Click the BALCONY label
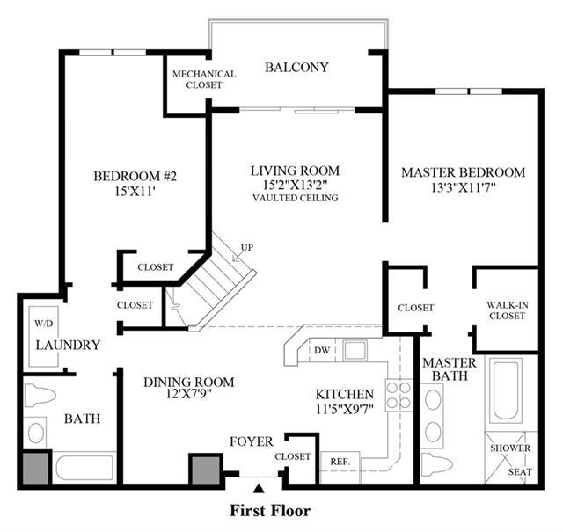(x=296, y=68)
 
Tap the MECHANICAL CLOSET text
(x=204, y=79)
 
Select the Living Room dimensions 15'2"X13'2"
(x=296, y=185)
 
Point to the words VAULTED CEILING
(x=296, y=198)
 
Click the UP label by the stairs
(x=247, y=247)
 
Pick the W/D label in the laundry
(x=44, y=324)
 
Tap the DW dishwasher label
(x=322, y=350)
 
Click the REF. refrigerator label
(x=340, y=462)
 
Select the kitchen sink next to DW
(x=355, y=350)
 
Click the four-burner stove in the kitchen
(x=398, y=395)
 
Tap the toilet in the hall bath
(x=40, y=396)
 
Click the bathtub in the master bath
(x=506, y=393)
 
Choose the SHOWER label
(x=510, y=448)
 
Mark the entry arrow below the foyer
(x=258, y=489)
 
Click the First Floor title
(x=270, y=511)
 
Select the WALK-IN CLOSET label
(x=508, y=310)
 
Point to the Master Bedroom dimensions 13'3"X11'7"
(x=464, y=188)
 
